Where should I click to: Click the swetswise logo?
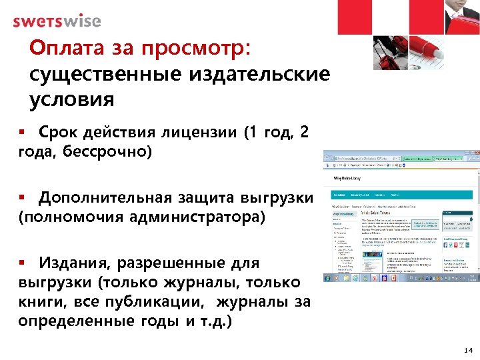[x=57, y=21]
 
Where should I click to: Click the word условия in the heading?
[x=72, y=99]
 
